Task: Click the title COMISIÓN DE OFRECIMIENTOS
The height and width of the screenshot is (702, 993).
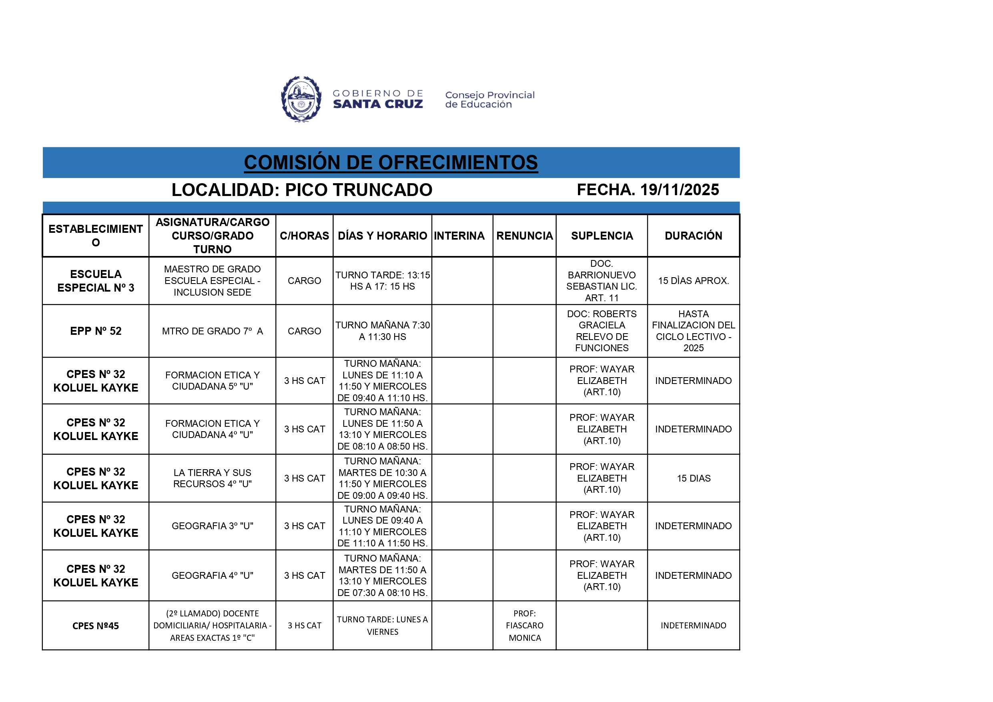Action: click(x=391, y=162)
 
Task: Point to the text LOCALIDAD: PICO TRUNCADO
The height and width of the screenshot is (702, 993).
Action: click(x=302, y=190)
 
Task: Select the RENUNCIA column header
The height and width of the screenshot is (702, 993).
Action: click(x=524, y=236)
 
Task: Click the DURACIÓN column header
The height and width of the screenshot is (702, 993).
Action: click(x=693, y=236)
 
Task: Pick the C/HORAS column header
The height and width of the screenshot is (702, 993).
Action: click(x=304, y=236)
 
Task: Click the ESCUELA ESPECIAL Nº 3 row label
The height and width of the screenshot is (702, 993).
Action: click(x=96, y=281)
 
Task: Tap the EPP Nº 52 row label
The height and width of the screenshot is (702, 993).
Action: click(x=96, y=331)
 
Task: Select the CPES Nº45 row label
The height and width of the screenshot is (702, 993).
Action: click(x=96, y=626)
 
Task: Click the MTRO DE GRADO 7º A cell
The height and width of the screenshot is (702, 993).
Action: click(x=213, y=331)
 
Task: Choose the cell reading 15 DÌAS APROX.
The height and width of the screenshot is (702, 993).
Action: click(x=693, y=281)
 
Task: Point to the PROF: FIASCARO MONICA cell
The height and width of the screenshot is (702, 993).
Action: click(x=525, y=626)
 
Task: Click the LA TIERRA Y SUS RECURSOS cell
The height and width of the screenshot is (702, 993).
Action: click(x=213, y=478)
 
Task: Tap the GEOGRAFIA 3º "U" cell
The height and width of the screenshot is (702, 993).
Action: click(x=213, y=526)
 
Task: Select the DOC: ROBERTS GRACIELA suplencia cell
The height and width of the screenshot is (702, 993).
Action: click(x=602, y=331)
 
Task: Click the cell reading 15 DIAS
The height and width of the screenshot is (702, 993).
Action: click(x=693, y=478)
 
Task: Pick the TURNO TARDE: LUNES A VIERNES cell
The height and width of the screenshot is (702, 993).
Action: click(x=382, y=626)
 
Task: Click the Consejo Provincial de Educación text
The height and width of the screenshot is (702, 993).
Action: click(x=489, y=100)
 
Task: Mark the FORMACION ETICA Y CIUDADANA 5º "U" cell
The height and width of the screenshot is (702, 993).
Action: click(x=213, y=380)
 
